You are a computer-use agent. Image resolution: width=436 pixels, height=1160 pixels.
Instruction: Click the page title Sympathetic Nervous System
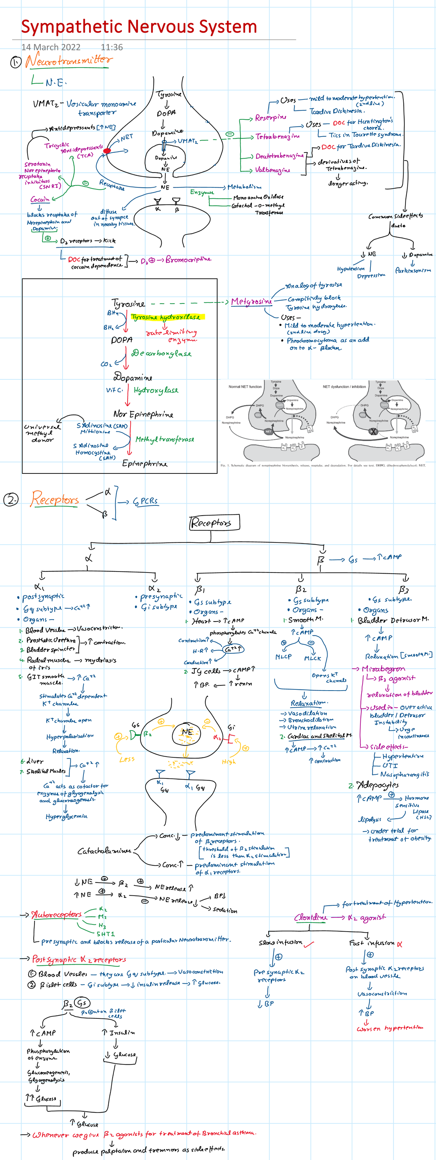139,27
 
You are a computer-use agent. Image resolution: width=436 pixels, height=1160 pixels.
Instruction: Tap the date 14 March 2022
51,47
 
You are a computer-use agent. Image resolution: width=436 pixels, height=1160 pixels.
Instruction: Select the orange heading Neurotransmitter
68,60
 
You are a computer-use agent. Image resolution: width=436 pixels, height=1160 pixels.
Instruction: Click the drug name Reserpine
270,118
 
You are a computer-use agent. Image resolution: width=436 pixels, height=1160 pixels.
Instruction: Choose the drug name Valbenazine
272,170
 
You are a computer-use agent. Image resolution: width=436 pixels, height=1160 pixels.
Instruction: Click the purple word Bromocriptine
188,260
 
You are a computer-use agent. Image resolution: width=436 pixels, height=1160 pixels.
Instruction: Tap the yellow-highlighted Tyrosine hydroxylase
166,317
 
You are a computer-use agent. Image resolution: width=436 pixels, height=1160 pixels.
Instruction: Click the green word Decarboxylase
161,354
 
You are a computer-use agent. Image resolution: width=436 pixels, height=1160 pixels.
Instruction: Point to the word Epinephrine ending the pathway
145,463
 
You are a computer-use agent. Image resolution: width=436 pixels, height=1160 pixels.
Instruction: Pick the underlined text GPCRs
145,501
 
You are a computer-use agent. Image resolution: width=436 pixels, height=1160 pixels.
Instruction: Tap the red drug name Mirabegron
383,669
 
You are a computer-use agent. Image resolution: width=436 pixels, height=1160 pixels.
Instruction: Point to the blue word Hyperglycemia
66,817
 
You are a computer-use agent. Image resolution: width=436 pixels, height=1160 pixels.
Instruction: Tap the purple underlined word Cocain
40,199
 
